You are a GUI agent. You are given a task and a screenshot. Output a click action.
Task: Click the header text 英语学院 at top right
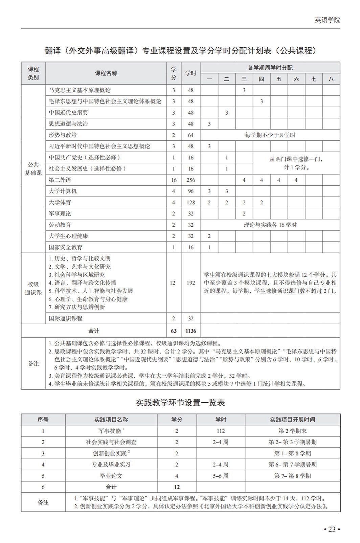[327, 20]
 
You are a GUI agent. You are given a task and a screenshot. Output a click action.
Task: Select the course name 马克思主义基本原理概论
[80, 90]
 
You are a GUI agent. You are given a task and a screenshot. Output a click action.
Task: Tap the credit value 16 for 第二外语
[174, 180]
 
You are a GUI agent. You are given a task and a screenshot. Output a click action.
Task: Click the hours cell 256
[191, 180]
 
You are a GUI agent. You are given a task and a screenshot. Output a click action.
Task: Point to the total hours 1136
[191, 331]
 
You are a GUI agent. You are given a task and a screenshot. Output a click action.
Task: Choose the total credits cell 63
[174, 331]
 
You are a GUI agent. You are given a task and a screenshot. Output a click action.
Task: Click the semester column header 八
[331, 79]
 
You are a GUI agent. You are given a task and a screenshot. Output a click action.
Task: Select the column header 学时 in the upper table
[191, 73]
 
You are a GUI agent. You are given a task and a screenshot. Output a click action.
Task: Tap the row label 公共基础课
[33, 168]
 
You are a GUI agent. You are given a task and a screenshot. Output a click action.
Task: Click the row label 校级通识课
[33, 288]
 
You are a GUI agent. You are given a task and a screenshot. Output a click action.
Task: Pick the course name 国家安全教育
[66, 247]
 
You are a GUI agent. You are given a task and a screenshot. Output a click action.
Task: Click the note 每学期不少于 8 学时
[270, 135]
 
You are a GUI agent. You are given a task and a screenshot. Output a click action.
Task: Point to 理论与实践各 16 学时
[270, 225]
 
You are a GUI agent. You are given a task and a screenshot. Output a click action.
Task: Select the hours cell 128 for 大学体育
[191, 203]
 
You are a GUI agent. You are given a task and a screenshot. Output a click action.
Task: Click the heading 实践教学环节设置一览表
[180, 403]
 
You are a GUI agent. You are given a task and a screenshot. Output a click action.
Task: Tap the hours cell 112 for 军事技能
[221, 431]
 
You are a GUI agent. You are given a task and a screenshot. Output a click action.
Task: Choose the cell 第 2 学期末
[292, 431]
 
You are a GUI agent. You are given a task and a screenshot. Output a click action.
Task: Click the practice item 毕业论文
[111, 476]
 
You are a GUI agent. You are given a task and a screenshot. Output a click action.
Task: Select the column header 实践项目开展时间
[292, 420]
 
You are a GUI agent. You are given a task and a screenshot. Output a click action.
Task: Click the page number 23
[331, 529]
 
